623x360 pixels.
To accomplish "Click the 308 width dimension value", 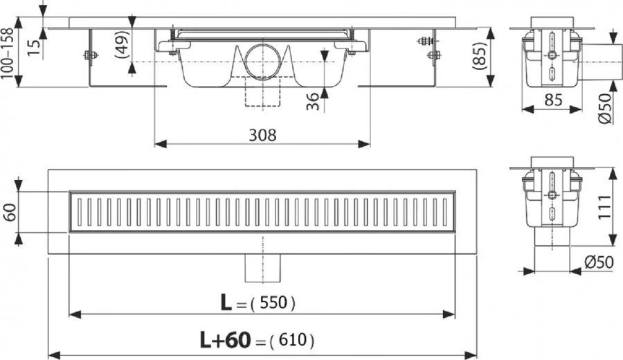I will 262,134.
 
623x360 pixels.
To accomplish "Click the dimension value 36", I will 314,102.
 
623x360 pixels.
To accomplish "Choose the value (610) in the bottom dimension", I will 291,340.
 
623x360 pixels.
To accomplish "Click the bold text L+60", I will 223,340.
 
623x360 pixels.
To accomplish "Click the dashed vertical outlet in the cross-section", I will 262,93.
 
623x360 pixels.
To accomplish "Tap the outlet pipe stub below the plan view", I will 262,267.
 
